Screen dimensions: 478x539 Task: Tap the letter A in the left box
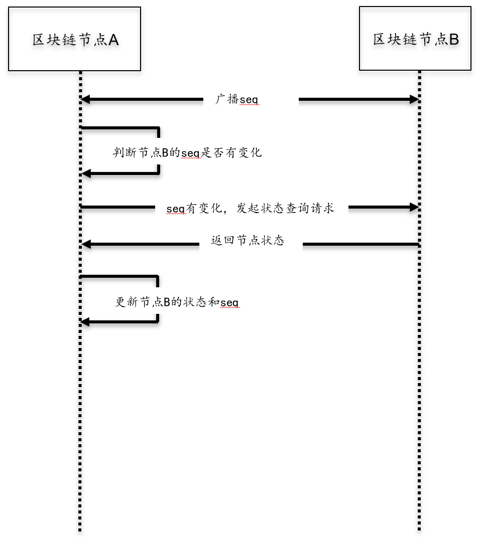tap(113, 40)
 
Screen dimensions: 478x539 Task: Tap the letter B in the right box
tap(454, 40)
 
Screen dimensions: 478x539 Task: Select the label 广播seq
tap(237, 99)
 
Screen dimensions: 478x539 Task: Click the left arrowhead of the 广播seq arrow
tap(85, 99)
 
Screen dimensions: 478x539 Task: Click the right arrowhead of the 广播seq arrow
tap(414, 99)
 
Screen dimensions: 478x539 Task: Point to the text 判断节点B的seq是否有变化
tap(187, 152)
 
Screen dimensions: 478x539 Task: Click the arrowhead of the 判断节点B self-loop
tap(86, 173)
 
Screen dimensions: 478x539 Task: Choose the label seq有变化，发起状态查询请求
tap(250, 208)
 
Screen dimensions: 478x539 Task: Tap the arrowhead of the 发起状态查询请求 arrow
tap(414, 207)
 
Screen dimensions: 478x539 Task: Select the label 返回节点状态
tap(248, 240)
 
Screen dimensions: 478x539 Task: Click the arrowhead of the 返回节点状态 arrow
tap(86, 244)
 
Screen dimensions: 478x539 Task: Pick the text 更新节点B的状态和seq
tap(177, 302)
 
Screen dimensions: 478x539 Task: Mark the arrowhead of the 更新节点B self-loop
tap(85, 322)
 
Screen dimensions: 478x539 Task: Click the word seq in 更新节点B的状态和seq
tap(229, 303)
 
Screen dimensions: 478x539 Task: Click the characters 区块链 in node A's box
tap(54, 40)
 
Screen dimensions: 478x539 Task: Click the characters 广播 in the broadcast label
tap(227, 99)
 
